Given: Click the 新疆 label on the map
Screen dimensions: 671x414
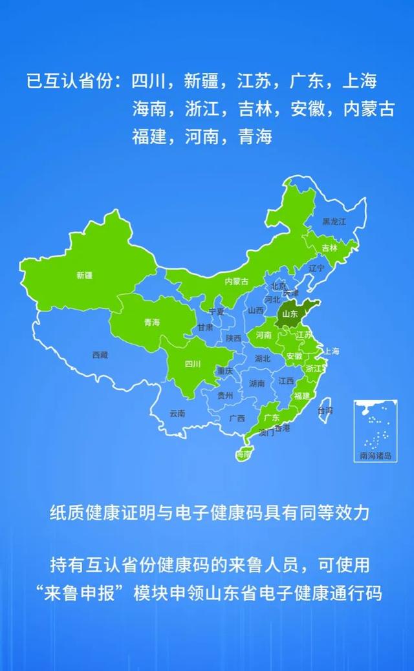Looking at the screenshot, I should pyautogui.click(x=84, y=275).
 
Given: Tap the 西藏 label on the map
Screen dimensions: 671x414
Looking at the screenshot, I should pyautogui.click(x=100, y=355).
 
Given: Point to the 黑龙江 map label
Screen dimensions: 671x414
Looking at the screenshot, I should pyautogui.click(x=335, y=222).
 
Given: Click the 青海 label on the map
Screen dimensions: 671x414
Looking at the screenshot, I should pyautogui.click(x=152, y=323).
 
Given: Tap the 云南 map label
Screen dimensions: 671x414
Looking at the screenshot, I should pyautogui.click(x=177, y=413).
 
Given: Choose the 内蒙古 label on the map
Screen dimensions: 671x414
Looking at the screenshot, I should pyautogui.click(x=236, y=281).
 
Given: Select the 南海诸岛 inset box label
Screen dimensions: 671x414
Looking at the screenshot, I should pyautogui.click(x=376, y=455).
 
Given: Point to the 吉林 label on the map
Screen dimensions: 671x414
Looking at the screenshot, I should pyautogui.click(x=330, y=248).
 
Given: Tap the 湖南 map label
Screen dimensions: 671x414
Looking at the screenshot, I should pyautogui.click(x=257, y=383).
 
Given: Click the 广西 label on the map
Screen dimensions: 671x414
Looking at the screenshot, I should pyautogui.click(x=237, y=418).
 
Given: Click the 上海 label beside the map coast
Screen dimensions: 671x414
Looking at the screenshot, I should pyautogui.click(x=331, y=351).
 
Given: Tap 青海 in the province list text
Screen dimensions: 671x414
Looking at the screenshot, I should pyautogui.click(x=254, y=137).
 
